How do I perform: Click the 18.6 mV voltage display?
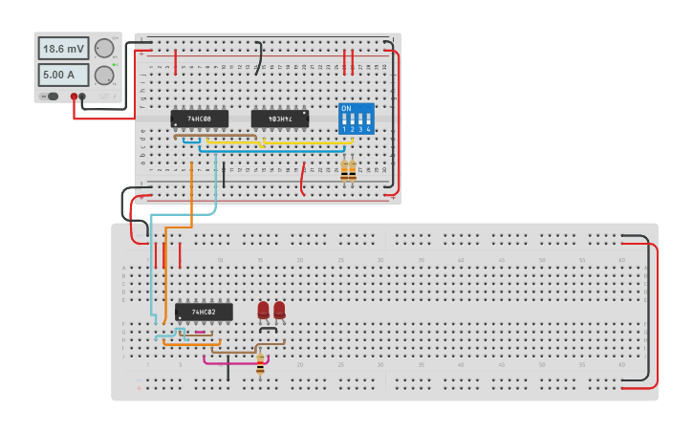(x=63, y=48)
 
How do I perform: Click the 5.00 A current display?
(x=63, y=75)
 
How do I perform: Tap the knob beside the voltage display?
(x=104, y=49)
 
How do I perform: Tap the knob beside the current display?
(x=104, y=75)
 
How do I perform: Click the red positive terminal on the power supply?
(x=74, y=97)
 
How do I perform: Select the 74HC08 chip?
(x=199, y=119)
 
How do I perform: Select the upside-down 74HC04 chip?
(x=279, y=119)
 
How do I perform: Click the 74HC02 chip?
(x=203, y=312)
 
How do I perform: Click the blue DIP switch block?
(x=356, y=119)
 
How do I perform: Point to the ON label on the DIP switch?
(x=346, y=108)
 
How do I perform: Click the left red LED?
(x=264, y=310)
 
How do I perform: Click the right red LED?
(x=279, y=310)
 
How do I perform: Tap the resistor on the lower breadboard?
(x=260, y=364)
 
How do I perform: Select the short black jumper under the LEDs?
(x=269, y=329)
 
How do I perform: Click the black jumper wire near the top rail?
(x=258, y=58)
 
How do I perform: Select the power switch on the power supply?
(x=53, y=97)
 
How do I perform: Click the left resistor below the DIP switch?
(x=344, y=170)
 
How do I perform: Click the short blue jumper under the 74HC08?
(x=191, y=141)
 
